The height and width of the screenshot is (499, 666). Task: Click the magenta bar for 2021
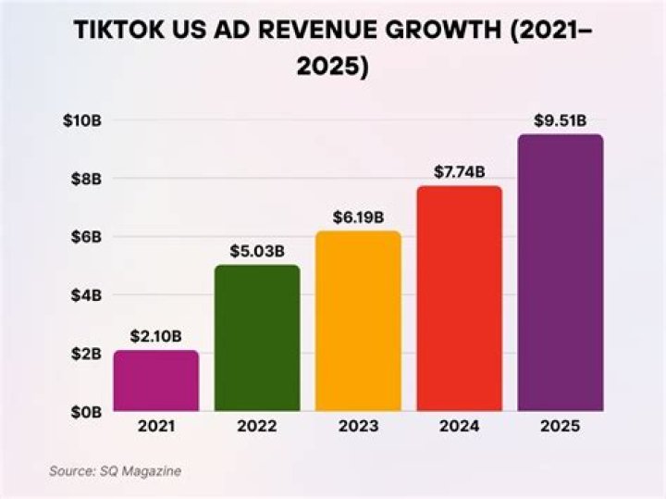(155, 380)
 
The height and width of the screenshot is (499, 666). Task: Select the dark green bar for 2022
(256, 338)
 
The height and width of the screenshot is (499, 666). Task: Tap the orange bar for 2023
(358, 320)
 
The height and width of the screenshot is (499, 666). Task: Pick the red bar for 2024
(459, 298)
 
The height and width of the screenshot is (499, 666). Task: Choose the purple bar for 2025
(560, 272)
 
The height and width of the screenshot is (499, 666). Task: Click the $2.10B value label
(155, 337)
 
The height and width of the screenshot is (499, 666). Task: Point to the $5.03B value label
(256, 252)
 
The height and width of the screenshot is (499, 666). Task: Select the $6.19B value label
(358, 218)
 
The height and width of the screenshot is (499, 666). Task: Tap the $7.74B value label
(459, 172)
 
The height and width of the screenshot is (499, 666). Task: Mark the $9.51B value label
(560, 120)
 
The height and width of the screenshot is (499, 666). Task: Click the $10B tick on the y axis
(80, 120)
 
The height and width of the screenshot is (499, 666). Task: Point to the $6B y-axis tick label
(84, 237)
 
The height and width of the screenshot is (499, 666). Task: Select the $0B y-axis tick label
(84, 411)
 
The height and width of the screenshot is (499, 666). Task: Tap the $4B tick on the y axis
(84, 295)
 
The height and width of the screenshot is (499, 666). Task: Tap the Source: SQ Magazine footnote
(115, 471)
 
